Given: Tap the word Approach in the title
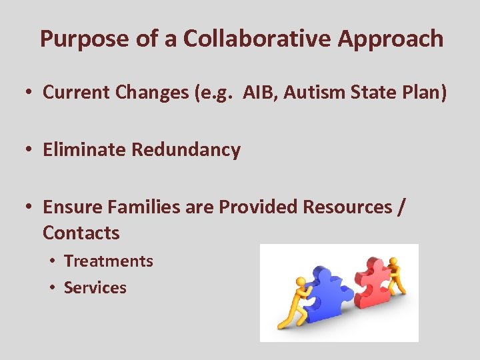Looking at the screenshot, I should click(391, 39).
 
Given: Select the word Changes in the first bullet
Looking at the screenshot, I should click(150, 93).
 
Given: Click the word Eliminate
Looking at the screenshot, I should click(85, 150).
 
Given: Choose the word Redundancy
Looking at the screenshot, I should click(186, 150).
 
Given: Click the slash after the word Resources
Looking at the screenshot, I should click(400, 207).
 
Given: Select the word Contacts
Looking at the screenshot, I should click(81, 233).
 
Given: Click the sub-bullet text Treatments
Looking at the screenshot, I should click(108, 261).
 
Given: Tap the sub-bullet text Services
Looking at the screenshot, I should click(95, 288).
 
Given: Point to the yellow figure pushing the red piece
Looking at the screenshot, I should click(396, 274).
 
